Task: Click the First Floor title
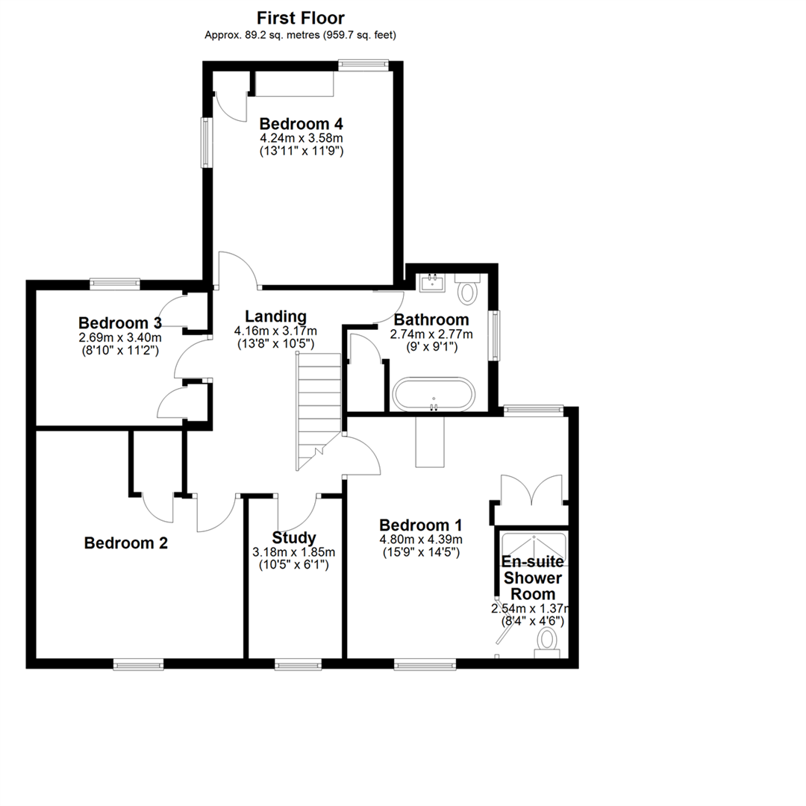coord(301,18)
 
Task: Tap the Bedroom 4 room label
coord(301,124)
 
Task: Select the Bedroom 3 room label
coord(120,323)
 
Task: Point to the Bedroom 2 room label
coord(125,543)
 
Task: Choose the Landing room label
coord(275,316)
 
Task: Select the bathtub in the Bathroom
coord(433,395)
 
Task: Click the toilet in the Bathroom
coord(468,290)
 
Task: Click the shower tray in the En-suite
coord(534,548)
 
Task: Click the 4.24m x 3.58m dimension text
coord(301,139)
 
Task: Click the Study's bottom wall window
coord(298,663)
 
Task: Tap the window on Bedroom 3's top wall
coord(115,283)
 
